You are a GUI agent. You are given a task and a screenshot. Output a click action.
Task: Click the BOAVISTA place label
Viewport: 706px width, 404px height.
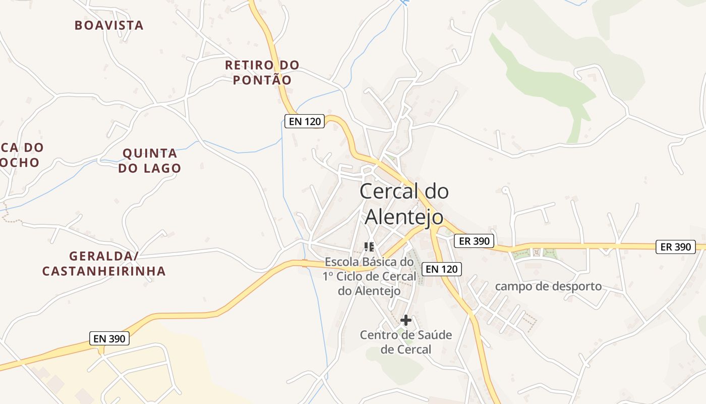tap(109, 25)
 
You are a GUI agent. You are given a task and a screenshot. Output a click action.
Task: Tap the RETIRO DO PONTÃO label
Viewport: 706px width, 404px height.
tap(262, 72)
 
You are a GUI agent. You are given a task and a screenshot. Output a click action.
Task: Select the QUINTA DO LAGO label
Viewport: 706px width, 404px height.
tap(150, 161)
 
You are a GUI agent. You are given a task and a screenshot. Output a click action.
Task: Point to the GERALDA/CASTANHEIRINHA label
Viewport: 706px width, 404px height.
tap(104, 264)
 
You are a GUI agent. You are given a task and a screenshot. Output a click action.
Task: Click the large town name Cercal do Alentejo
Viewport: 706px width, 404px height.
tap(404, 204)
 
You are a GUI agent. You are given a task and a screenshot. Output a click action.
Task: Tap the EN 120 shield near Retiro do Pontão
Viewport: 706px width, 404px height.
tap(304, 121)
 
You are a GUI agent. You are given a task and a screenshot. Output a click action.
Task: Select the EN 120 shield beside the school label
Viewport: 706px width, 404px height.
tap(442, 269)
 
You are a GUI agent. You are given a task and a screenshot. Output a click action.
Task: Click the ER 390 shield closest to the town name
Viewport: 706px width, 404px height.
tap(474, 241)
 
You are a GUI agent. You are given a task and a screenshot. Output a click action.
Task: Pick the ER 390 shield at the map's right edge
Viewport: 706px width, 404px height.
tap(676, 247)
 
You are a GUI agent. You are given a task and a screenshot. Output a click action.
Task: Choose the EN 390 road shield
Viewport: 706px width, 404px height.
tap(109, 339)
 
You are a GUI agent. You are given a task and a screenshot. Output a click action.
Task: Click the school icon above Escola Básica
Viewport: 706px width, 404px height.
tap(369, 247)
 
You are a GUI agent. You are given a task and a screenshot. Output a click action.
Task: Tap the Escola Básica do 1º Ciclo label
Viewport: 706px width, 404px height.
tap(370, 276)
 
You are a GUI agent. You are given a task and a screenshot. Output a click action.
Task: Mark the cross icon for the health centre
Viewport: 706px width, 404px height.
tap(406, 320)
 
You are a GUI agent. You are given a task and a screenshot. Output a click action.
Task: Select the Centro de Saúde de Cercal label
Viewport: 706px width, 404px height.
tap(406, 342)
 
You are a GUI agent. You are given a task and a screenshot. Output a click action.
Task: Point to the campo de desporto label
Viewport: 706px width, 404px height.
tap(548, 286)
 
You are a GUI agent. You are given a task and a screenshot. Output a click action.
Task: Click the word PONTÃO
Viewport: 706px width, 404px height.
tap(262, 80)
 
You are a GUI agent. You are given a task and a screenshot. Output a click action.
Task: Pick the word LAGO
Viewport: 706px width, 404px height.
tap(163, 168)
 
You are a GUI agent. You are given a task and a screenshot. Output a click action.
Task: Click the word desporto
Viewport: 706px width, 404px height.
tap(575, 286)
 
